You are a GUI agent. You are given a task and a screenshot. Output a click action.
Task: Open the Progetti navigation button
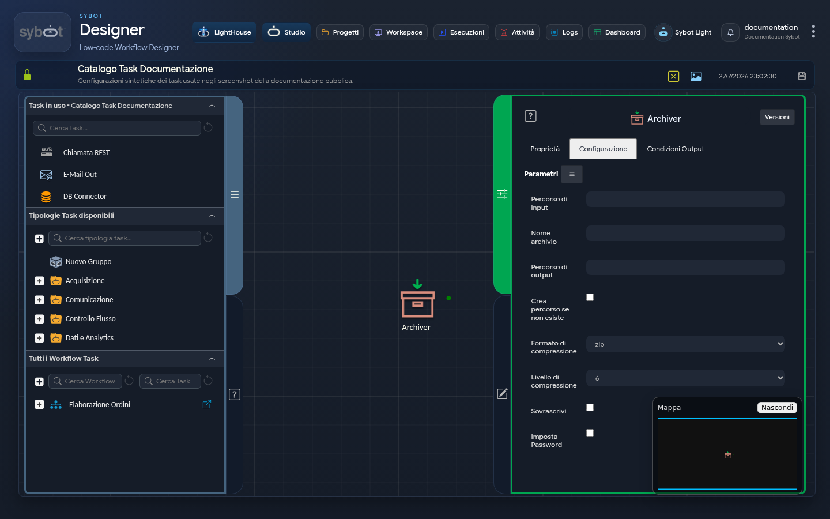[340, 32]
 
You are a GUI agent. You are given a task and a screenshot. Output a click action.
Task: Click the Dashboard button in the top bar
[617, 32]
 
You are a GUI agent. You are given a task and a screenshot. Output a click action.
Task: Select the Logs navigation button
[564, 32]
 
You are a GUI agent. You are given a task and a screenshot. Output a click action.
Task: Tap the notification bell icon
[730, 32]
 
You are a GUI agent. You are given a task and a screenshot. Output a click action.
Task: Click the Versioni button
[777, 117]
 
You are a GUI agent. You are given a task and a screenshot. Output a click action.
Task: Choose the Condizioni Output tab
[675, 149]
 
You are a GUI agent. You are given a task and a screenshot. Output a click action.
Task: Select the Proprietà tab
[545, 149]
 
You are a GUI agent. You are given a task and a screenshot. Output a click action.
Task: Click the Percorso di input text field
[685, 200]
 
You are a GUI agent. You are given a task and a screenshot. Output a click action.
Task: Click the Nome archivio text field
[685, 234]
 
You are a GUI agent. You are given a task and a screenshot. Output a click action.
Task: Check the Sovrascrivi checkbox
[590, 407]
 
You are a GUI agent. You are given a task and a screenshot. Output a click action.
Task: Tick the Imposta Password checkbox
[590, 432]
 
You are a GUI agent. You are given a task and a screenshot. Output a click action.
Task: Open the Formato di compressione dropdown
[685, 344]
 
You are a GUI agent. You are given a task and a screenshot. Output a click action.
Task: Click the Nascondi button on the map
[776, 407]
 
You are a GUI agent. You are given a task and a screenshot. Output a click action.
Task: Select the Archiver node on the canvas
[417, 304]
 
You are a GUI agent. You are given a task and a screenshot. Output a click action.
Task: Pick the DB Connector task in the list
[85, 197]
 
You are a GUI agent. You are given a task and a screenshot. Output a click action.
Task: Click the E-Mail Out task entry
[80, 175]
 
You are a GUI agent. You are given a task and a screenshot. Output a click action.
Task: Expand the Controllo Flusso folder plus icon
[39, 319]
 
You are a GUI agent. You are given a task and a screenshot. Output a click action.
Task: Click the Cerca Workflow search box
[85, 381]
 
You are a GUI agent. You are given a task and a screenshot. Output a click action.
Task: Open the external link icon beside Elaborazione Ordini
[207, 404]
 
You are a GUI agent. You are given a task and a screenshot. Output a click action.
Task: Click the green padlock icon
[27, 74]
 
